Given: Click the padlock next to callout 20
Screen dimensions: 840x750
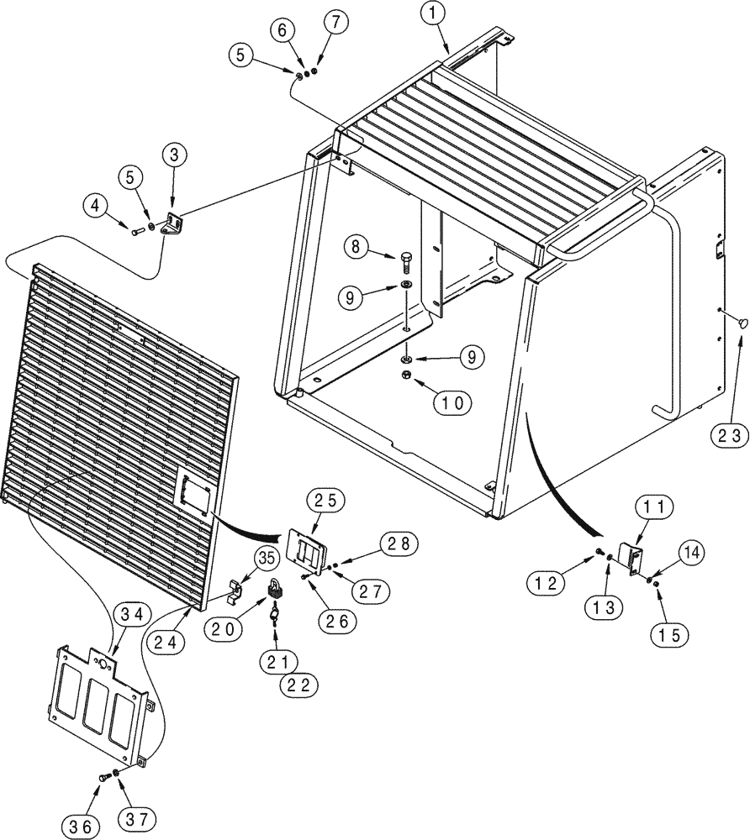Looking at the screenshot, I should coord(273,591).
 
